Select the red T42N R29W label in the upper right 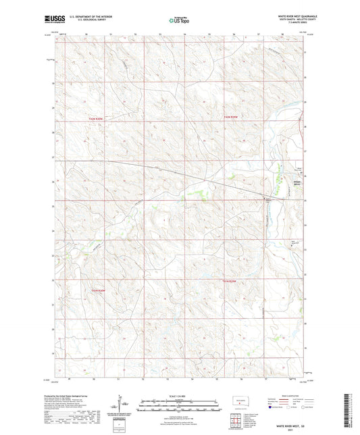pos(232,118)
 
